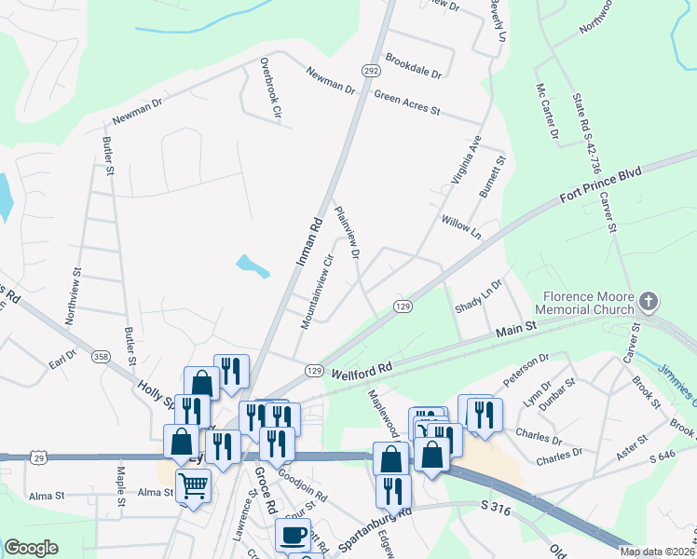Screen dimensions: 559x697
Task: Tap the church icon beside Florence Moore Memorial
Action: (649, 303)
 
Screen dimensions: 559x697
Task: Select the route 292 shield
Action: (371, 70)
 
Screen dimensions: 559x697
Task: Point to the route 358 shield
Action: (100, 356)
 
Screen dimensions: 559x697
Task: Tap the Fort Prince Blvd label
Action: (603, 185)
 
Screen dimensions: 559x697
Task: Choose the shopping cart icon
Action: (194, 484)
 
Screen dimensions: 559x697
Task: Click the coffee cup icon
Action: (293, 535)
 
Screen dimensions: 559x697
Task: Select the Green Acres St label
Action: (406, 102)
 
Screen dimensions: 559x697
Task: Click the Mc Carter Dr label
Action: (546, 112)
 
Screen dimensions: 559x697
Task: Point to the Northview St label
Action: (74, 297)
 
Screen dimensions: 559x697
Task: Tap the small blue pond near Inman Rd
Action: (253, 266)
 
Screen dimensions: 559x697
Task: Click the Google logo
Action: (31, 547)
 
